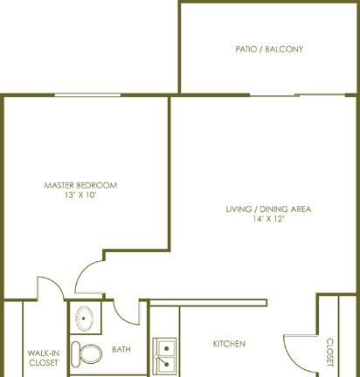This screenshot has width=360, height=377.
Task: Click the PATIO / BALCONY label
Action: (269, 49)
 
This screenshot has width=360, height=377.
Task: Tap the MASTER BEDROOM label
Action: (80, 185)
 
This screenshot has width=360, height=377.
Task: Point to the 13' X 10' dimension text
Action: (80, 195)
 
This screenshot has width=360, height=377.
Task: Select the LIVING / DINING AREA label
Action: (268, 209)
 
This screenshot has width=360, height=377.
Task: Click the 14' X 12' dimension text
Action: (268, 219)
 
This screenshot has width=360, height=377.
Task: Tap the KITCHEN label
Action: (229, 344)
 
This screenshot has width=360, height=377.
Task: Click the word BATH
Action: (121, 349)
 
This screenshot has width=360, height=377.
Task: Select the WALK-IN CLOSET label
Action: (44, 358)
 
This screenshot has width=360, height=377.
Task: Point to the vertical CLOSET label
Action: (329, 352)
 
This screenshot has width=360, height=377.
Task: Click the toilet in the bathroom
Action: (87, 354)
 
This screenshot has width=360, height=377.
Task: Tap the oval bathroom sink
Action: (84, 319)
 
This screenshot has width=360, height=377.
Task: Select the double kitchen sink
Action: (165, 356)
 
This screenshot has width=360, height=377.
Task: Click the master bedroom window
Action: (87, 95)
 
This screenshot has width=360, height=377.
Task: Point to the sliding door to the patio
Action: (297, 95)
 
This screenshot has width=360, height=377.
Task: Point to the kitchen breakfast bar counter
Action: (208, 303)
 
